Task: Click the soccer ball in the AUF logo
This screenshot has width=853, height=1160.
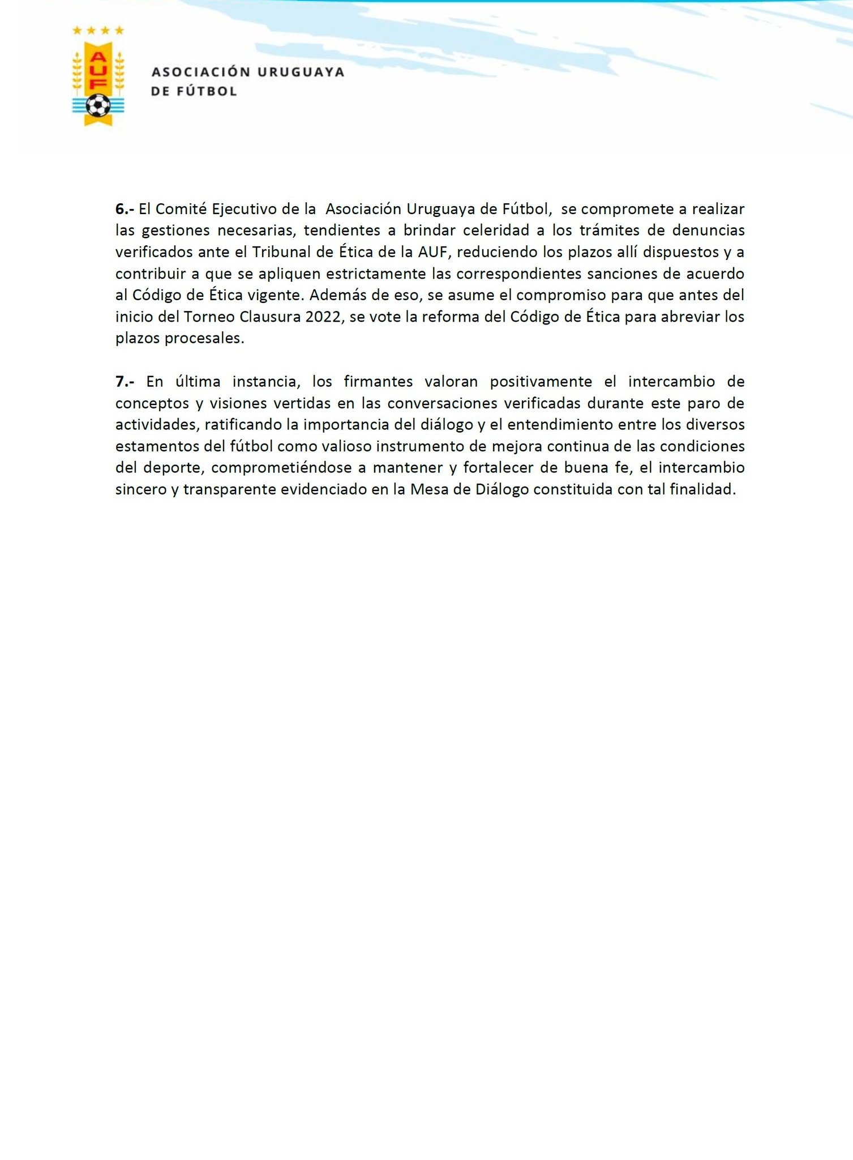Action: (98, 105)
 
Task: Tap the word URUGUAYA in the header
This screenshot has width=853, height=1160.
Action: (301, 72)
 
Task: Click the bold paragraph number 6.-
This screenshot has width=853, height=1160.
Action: (125, 209)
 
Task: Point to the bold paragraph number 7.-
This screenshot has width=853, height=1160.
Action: (125, 382)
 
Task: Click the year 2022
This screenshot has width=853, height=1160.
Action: (324, 317)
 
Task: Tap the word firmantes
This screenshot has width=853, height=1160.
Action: (378, 382)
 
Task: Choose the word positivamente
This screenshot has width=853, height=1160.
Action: (541, 382)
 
